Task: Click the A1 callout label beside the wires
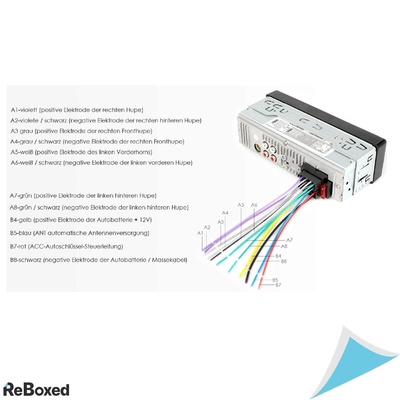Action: pos(200,233)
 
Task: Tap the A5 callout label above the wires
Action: pos(241,205)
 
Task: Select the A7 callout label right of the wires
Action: pos(289,240)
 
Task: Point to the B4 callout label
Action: pos(278,256)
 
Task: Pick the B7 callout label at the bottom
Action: pos(278,285)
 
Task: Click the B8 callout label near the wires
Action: pos(284,261)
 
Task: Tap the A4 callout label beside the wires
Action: pos(225,213)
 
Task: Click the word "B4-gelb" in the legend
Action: pos(21,220)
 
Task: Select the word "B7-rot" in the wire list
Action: pos(18,247)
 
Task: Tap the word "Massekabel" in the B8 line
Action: pos(169,260)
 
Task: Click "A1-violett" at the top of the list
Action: pos(24,110)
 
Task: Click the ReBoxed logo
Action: pos(37,389)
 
